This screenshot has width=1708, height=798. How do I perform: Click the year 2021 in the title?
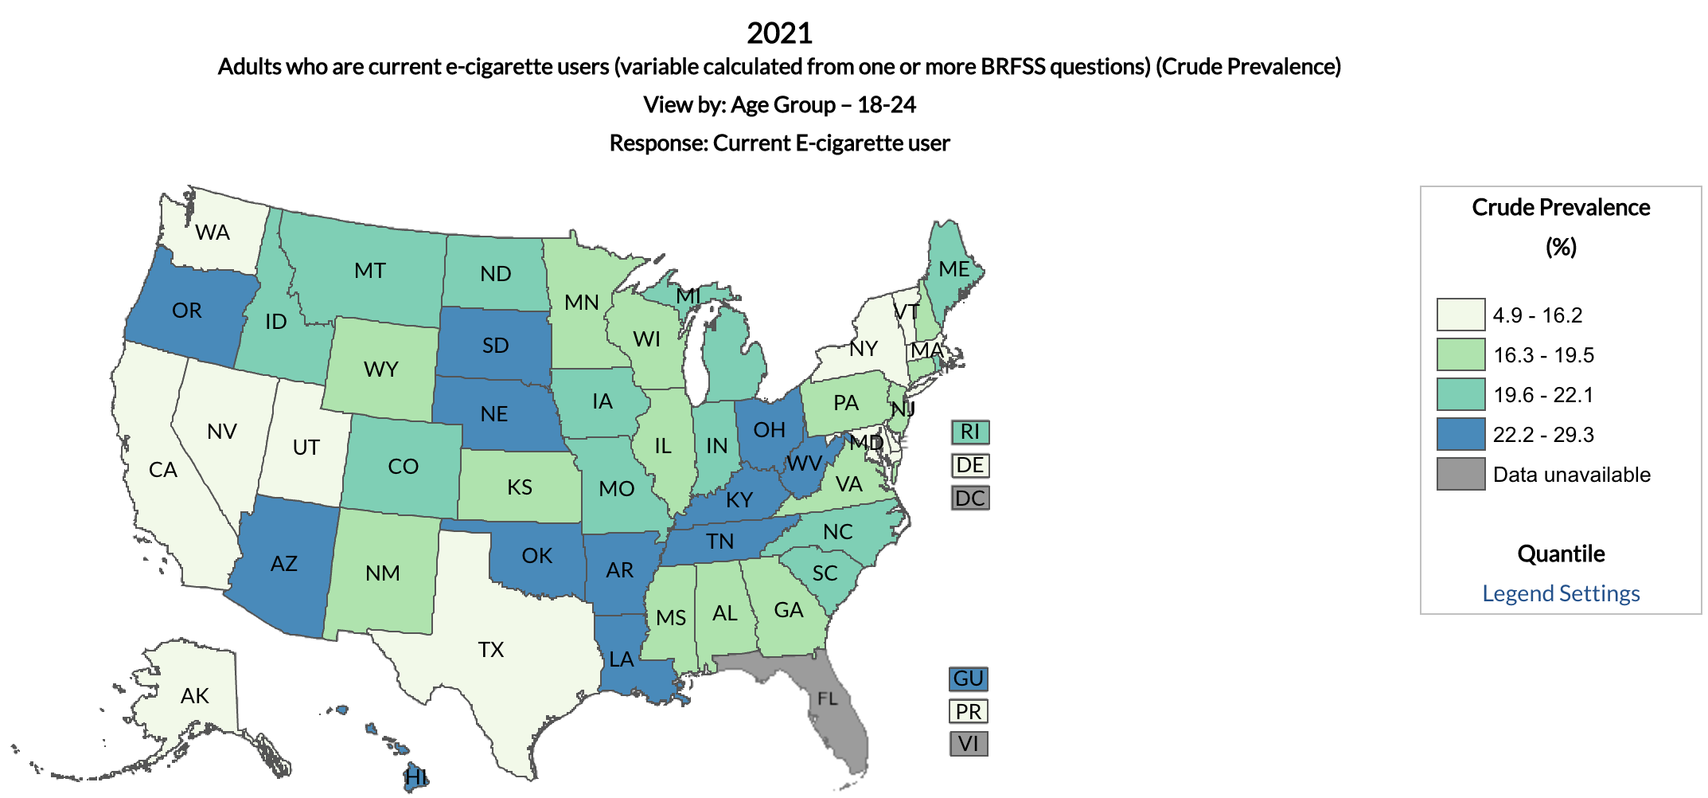pos(779,33)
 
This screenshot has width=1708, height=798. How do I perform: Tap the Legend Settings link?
pos(1560,593)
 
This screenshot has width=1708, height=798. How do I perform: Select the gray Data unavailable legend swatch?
pos(1460,474)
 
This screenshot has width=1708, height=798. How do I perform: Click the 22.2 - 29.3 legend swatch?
pos(1460,434)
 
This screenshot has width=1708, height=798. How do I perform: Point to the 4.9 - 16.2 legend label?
pos(1537,315)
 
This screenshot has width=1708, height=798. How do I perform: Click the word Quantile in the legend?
pos(1560,554)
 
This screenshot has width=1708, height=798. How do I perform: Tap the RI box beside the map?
pos(969,432)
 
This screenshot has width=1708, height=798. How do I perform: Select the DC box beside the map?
pos(969,499)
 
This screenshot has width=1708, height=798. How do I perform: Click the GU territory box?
pos(968,679)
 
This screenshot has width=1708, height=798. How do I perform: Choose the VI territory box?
pos(968,744)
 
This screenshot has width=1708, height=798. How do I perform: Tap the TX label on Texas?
pos(491,650)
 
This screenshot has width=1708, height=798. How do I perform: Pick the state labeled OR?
pos(187,311)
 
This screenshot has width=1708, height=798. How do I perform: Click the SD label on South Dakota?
pos(495,346)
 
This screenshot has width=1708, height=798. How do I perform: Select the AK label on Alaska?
pos(194,696)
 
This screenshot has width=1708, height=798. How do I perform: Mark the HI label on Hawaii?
pos(415,776)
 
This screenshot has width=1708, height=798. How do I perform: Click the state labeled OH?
pos(769,430)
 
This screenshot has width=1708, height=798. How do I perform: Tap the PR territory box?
pos(968,711)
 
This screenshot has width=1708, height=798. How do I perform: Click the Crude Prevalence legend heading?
pos(1560,208)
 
